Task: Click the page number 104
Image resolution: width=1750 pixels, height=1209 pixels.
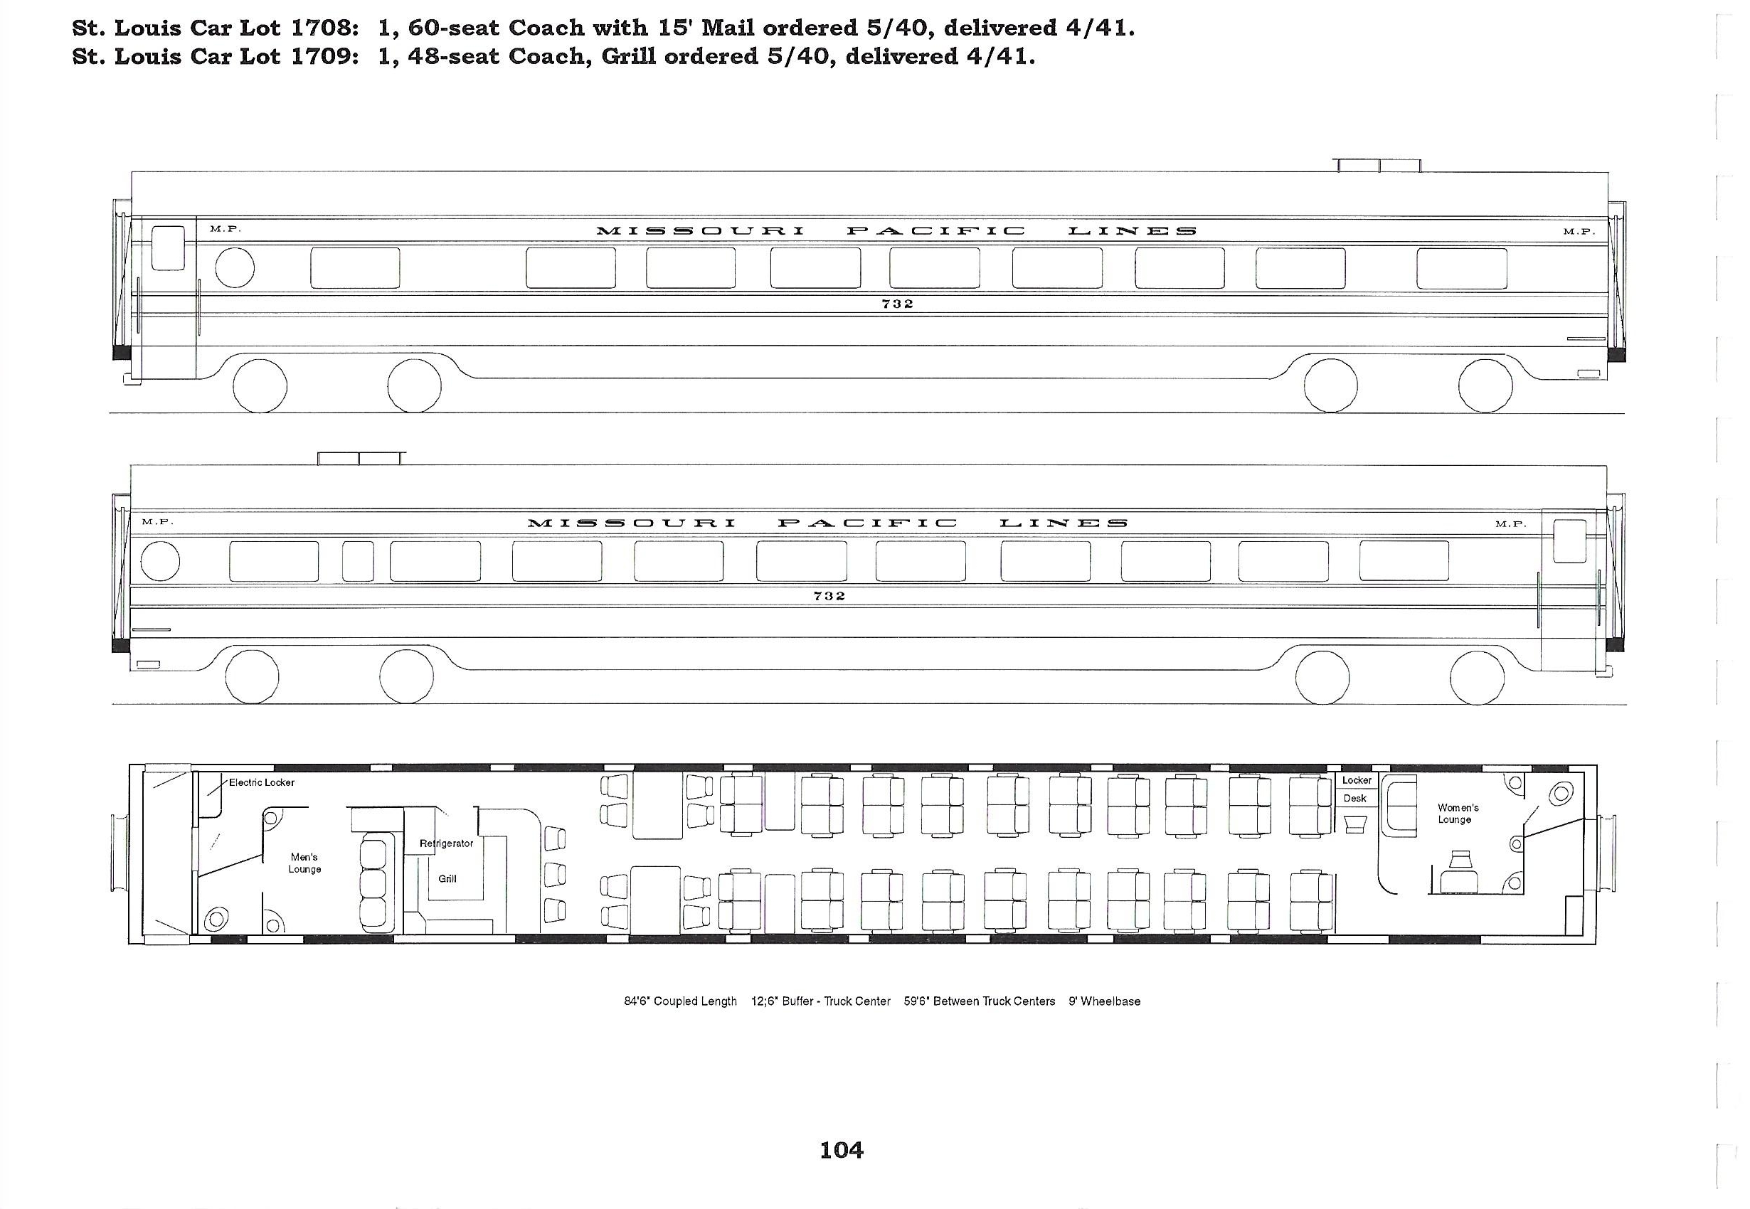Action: tap(841, 1150)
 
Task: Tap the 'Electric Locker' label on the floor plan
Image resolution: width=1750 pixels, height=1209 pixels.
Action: tap(261, 782)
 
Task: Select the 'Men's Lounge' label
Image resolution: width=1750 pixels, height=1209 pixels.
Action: tap(304, 863)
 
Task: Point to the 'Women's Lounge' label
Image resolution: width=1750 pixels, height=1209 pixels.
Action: tap(1458, 814)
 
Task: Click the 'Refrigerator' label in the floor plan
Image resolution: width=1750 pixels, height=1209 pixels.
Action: tap(446, 843)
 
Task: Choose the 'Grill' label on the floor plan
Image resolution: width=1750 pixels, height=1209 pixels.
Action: tap(447, 879)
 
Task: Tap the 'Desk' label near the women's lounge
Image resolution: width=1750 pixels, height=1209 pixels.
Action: tap(1354, 799)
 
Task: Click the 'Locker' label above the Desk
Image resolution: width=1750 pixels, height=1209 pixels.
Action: tap(1356, 780)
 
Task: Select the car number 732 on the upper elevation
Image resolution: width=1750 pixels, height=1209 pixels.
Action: tap(898, 304)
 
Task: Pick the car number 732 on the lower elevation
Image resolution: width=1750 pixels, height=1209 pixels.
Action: tap(829, 596)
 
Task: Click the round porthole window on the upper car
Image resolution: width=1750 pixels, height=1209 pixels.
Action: tap(235, 267)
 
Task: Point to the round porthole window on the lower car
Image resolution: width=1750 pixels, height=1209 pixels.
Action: tap(161, 561)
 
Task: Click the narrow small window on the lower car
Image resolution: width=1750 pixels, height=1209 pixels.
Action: tap(358, 561)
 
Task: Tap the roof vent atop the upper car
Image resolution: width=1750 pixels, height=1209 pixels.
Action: tap(1379, 165)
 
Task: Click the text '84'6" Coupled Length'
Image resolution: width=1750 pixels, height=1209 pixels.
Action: tap(680, 1001)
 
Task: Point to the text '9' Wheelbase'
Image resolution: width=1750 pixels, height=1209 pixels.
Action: tap(1105, 1001)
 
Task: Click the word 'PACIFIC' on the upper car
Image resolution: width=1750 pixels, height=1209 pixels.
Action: tap(935, 231)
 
